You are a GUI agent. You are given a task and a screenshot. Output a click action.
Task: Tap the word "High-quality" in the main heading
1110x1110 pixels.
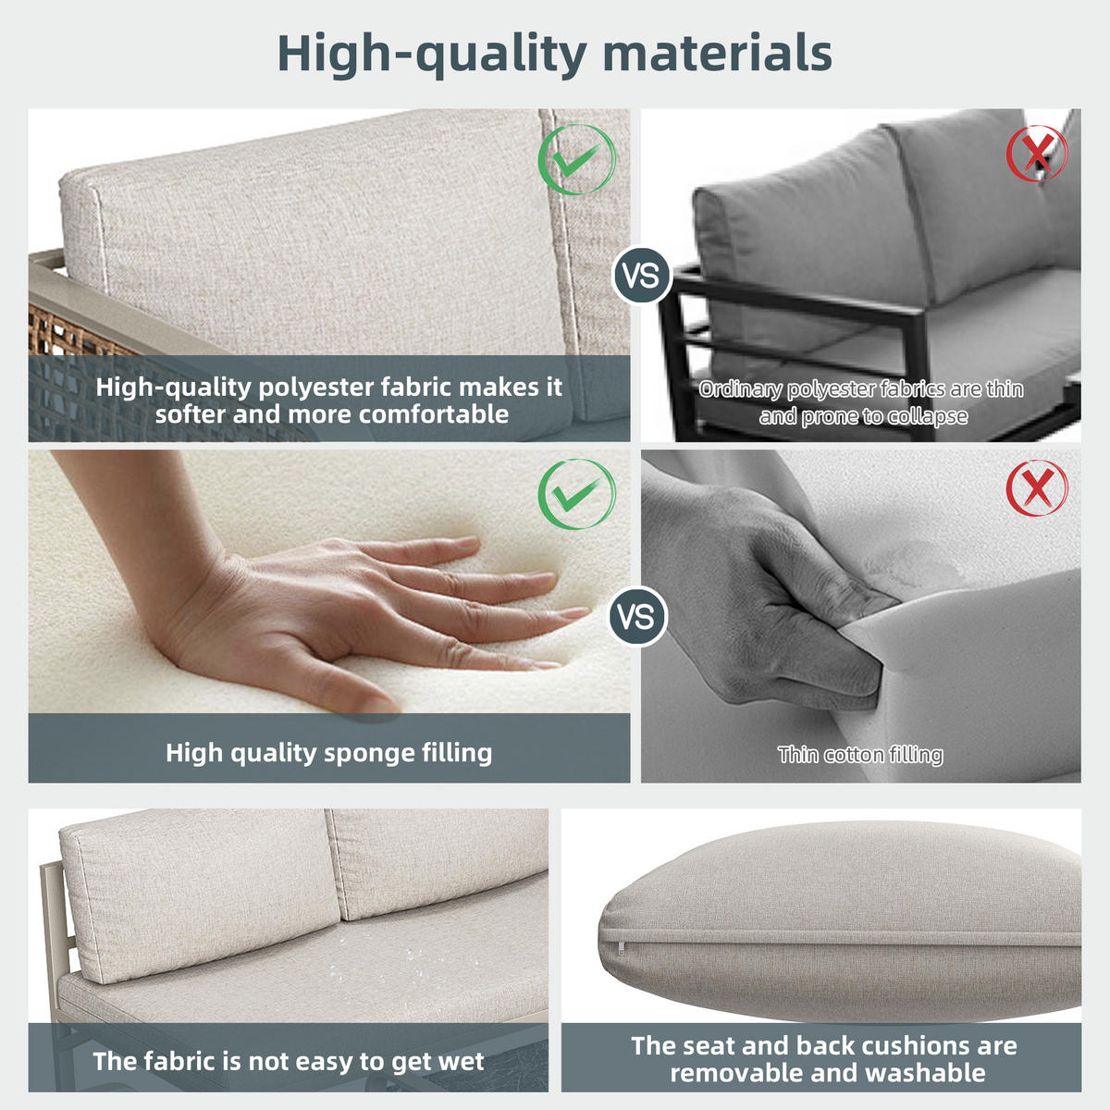click(432, 55)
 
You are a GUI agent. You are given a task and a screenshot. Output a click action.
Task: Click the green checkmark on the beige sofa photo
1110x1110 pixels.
click(576, 159)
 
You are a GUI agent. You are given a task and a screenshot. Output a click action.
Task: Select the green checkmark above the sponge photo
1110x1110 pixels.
click(576, 494)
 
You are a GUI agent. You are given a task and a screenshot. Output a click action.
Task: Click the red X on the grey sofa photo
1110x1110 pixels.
click(1037, 154)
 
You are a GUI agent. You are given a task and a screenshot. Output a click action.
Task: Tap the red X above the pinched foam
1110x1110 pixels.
click(1037, 487)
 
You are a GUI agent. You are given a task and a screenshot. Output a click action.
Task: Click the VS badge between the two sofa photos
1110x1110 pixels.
click(641, 276)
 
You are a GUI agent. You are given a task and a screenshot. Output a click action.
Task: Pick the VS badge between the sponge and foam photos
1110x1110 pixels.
click(637, 617)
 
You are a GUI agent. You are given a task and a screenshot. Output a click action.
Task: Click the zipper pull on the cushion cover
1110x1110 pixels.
click(622, 946)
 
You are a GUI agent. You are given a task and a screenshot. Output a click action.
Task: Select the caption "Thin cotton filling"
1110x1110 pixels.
click(860, 755)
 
